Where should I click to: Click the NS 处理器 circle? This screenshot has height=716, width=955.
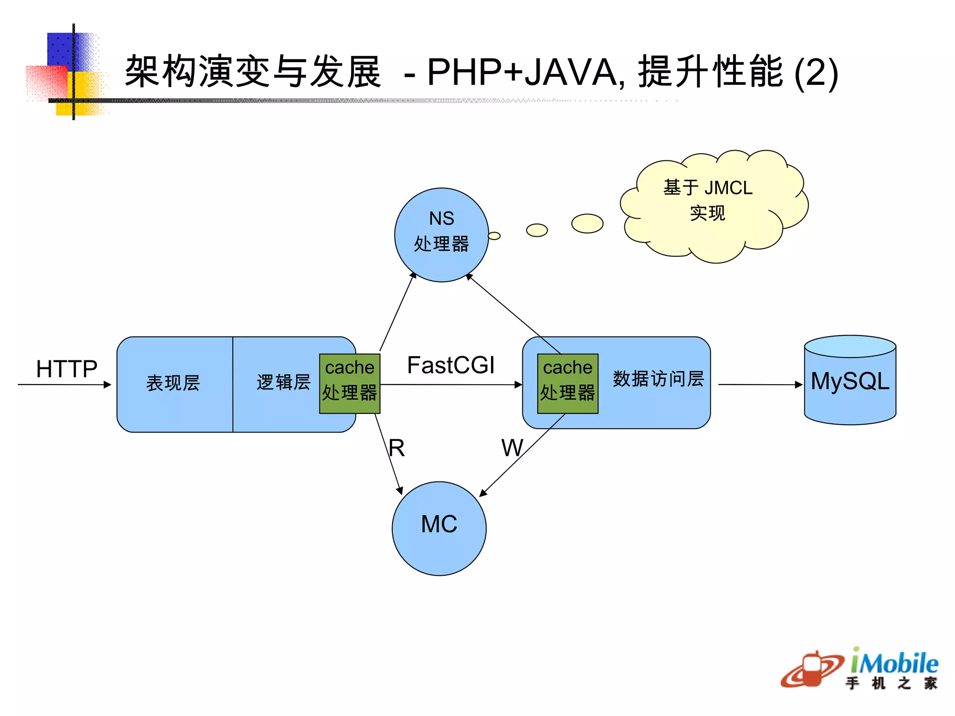point(441,235)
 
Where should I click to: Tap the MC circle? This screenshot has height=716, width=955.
point(439,528)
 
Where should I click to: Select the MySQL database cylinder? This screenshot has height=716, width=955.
point(850,380)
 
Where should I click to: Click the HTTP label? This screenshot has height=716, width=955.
point(67,369)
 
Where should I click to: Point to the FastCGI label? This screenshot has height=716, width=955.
point(450,365)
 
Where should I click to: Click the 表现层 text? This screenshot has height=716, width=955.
point(173,383)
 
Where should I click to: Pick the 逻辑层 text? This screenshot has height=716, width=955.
point(284,382)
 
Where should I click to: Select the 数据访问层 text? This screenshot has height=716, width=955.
point(658,379)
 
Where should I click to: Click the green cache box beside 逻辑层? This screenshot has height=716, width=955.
point(350,383)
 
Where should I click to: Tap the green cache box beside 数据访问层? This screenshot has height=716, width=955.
point(567,383)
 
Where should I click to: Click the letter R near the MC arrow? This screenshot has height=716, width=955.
point(397,448)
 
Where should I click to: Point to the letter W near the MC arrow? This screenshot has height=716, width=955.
point(512,448)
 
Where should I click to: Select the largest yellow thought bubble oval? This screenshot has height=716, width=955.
point(587,223)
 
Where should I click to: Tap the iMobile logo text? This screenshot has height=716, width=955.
point(894,663)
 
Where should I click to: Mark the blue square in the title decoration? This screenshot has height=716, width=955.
point(61,48)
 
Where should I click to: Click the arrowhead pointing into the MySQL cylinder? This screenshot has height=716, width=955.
point(799,385)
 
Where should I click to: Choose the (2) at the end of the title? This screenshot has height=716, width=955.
point(816,74)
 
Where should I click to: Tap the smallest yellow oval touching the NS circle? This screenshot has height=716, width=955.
point(494,236)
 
